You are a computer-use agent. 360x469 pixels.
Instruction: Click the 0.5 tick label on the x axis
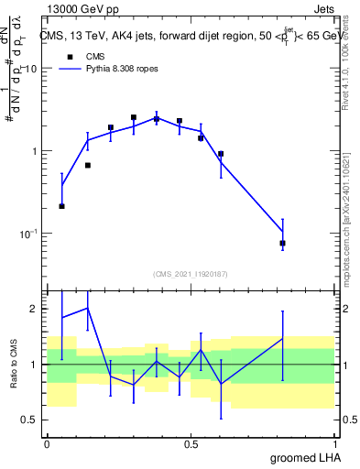pos(191,442)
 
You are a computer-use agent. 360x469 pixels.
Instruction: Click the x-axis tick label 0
pos(47,442)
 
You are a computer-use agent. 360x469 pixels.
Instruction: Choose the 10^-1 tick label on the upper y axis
pos(28,234)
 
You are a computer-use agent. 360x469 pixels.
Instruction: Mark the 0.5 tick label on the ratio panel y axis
pos(32,420)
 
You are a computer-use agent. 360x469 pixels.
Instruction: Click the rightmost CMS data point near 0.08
pos(282,243)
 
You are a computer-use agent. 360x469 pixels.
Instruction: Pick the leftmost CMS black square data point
pos(61,206)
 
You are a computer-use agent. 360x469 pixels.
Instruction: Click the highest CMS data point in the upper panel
pos(133,117)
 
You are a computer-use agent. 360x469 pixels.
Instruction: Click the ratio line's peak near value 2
pos(87,308)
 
